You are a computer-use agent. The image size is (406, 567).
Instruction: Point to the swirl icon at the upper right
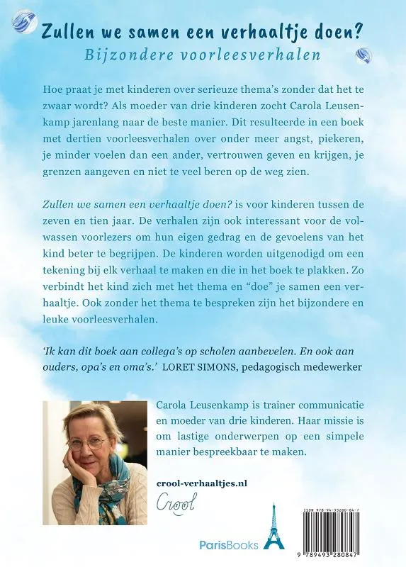coord(363,55)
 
